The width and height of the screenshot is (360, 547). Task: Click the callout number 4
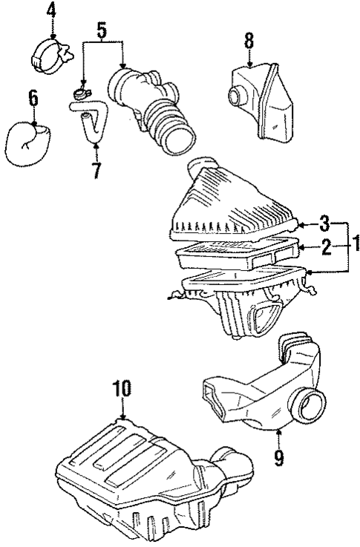pyautogui.click(x=51, y=10)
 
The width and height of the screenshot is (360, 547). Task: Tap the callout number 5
pyautogui.click(x=102, y=31)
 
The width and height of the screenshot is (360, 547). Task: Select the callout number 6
pyautogui.click(x=33, y=96)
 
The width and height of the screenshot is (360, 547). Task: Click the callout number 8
pyautogui.click(x=249, y=40)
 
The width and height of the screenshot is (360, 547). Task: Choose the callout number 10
pyautogui.click(x=121, y=388)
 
